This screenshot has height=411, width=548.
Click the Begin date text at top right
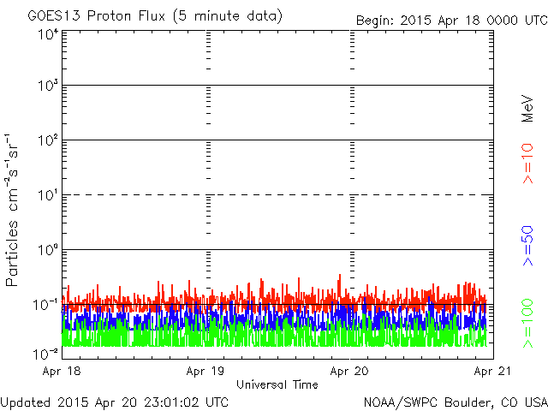point(452,21)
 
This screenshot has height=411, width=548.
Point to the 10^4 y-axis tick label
point(48,35)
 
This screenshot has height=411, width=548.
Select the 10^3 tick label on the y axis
point(48,86)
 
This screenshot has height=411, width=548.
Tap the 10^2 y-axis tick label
point(48,140)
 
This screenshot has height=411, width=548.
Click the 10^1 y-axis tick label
point(48,195)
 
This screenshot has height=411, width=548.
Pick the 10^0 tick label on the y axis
point(48,250)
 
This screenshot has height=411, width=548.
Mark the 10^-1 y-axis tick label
point(45,305)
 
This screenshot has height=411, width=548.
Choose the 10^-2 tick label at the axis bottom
point(45,354)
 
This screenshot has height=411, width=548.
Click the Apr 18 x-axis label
point(62,371)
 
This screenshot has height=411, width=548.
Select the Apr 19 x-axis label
point(205,371)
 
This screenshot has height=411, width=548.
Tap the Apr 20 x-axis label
point(349,371)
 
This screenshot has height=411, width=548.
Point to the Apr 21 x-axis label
point(493,371)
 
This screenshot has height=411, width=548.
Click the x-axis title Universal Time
point(277,384)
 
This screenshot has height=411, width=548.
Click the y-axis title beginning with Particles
point(11,210)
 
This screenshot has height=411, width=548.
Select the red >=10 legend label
point(527,164)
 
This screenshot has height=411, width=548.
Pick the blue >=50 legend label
point(527,246)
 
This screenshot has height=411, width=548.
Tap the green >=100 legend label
point(527,324)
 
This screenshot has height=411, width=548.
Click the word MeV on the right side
point(527,109)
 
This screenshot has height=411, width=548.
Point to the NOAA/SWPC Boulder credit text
point(456,402)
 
